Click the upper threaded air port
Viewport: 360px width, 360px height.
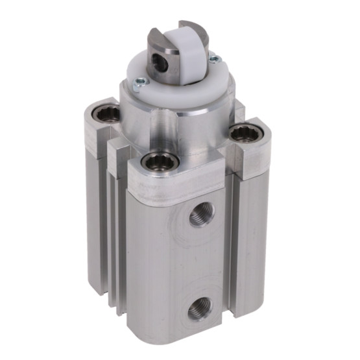click(x=201, y=215)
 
